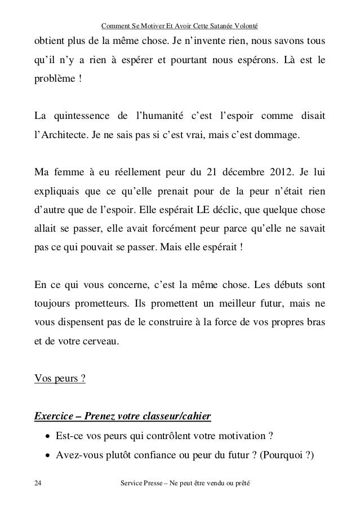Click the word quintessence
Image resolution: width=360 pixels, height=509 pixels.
80,117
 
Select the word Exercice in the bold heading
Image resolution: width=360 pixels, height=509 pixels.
54,417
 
